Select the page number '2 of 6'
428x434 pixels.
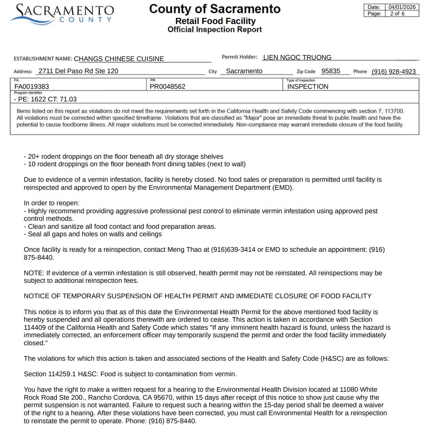tap(397, 14)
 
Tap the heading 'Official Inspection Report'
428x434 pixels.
tap(214, 30)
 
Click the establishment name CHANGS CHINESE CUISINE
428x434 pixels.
tap(119, 59)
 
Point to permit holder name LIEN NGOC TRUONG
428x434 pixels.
tap(297, 57)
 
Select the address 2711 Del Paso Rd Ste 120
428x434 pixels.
tap(78, 71)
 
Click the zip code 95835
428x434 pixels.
tap(331, 71)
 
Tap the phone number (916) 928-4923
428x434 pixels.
tap(394, 71)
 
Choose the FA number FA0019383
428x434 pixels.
tap(32, 86)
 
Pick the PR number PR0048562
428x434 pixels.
tap(168, 86)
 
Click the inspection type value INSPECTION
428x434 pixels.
tap(308, 86)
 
